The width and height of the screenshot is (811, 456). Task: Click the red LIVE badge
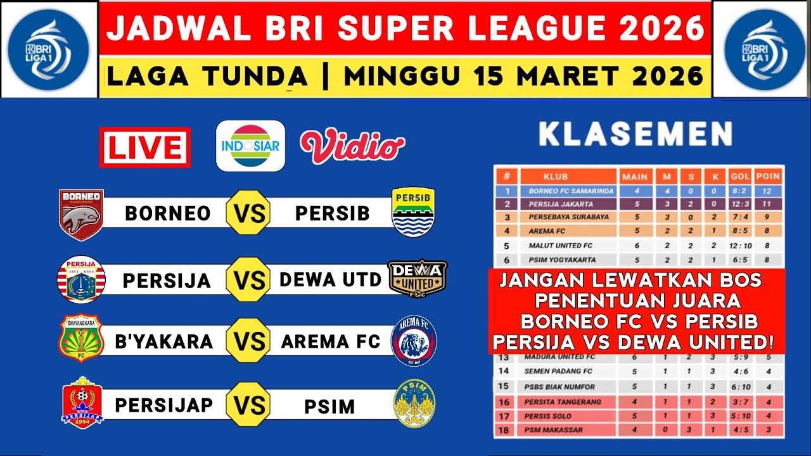tap(144, 147)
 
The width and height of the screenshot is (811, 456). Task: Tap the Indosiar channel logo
tap(250, 146)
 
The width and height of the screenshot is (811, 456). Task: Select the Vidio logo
tap(352, 146)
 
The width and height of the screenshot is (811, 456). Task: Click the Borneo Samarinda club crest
tap(81, 214)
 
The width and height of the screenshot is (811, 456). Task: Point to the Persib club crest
tap(413, 212)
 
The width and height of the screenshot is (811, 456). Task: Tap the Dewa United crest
tap(417, 279)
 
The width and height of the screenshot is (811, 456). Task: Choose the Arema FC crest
tap(413, 342)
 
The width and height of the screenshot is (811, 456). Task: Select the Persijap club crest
tap(82, 403)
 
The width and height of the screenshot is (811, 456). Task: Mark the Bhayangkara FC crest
tap(81, 341)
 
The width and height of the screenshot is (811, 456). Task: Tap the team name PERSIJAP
tap(164, 404)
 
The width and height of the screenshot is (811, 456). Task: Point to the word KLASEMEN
tap(635, 134)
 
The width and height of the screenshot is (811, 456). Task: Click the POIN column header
tap(769, 177)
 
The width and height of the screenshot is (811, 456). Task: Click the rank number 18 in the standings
tap(505, 431)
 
